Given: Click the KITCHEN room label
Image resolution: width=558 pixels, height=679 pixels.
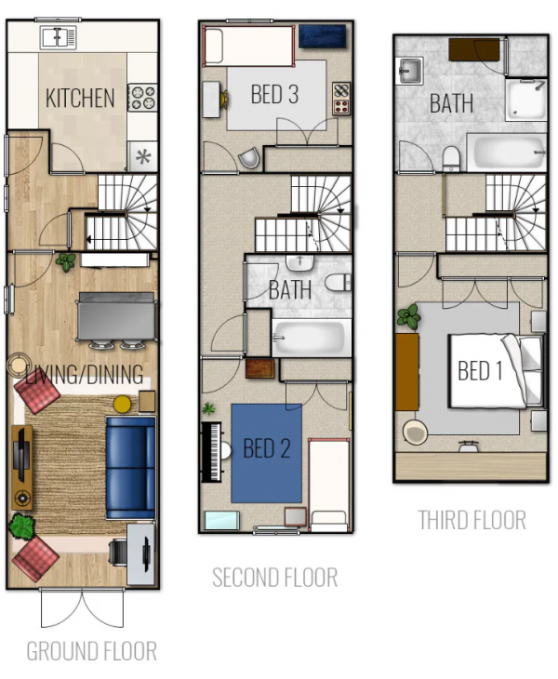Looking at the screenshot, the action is pyautogui.click(x=80, y=98).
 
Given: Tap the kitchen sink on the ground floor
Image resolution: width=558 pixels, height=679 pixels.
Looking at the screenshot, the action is pyautogui.click(x=59, y=37).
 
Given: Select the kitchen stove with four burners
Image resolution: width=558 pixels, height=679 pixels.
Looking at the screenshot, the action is pyautogui.click(x=142, y=98).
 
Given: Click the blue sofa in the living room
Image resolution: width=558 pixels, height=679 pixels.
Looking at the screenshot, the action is pyautogui.click(x=130, y=468).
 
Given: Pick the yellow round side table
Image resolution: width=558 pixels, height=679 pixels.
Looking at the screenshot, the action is pyautogui.click(x=122, y=404).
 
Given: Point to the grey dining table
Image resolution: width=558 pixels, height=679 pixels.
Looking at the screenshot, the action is pyautogui.click(x=116, y=317).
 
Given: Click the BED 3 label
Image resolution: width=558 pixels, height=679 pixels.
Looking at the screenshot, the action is pyautogui.click(x=274, y=94).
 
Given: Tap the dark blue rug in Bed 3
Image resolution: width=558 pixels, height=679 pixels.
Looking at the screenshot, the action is pyautogui.click(x=322, y=36).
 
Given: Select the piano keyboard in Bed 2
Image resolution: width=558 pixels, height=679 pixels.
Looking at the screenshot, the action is pyautogui.click(x=212, y=452).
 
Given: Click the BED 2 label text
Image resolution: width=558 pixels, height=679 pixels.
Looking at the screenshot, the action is pyautogui.click(x=267, y=448).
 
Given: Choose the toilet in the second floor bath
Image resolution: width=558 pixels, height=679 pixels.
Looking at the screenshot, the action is pyautogui.click(x=338, y=283).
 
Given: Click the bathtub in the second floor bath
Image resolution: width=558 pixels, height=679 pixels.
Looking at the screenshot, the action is pyautogui.click(x=312, y=339).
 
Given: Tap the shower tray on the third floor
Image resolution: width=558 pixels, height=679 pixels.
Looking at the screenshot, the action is pyautogui.click(x=526, y=100).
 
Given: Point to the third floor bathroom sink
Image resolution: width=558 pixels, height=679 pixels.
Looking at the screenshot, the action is pyautogui.click(x=409, y=71).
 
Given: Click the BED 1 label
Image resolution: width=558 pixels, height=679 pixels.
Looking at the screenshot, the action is pyautogui.click(x=480, y=371).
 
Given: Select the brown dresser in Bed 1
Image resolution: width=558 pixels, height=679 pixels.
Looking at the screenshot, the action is pyautogui.click(x=407, y=371).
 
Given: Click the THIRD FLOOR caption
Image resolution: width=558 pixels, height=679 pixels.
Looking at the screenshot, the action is pyautogui.click(x=472, y=520).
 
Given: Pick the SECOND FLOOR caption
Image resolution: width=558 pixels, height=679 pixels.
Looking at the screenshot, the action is pyautogui.click(x=275, y=578).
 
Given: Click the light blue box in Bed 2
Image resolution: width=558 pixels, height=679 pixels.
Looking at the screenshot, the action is pyautogui.click(x=221, y=521).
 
